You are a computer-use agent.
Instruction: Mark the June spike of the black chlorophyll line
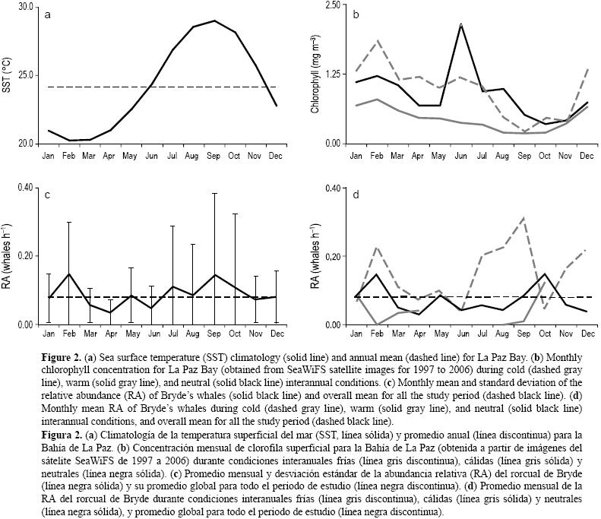[461, 25]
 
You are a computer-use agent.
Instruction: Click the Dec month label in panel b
[587, 155]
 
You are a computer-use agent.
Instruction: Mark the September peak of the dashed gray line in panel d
[524, 218]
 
